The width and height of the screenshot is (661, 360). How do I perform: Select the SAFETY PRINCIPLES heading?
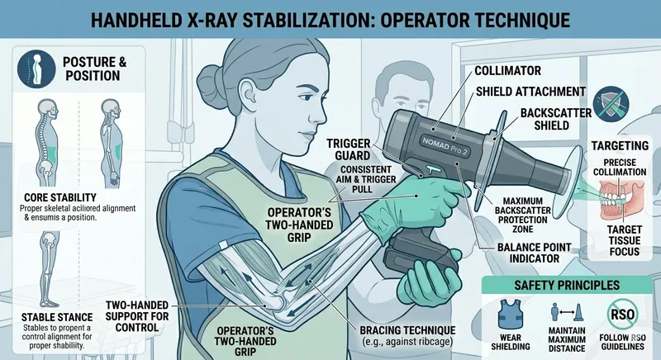[564, 286]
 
